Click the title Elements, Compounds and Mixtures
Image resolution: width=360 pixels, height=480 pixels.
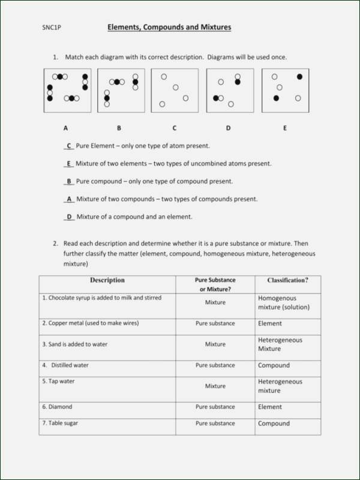pyautogui.click(x=169, y=28)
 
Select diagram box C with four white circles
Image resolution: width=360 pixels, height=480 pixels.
pyautogui.click(x=175, y=91)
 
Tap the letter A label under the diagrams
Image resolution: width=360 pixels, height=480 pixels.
pyautogui.click(x=65, y=128)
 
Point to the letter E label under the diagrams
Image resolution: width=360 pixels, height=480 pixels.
pyautogui.click(x=285, y=128)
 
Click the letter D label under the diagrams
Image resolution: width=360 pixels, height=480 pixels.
pyautogui.click(x=228, y=128)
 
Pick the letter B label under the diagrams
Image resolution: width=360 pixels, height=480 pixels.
pyautogui.click(x=119, y=128)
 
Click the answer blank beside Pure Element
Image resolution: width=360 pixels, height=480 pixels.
pyautogui.click(x=68, y=146)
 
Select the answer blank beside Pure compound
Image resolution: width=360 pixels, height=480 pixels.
pyautogui.click(x=68, y=181)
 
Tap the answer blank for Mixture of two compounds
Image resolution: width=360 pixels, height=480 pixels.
pyautogui.click(x=68, y=199)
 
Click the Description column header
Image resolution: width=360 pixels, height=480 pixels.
pyautogui.click(x=107, y=280)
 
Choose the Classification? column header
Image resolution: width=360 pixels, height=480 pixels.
pyautogui.click(x=287, y=280)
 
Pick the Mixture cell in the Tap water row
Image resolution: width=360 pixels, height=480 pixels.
pyautogui.click(x=215, y=386)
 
